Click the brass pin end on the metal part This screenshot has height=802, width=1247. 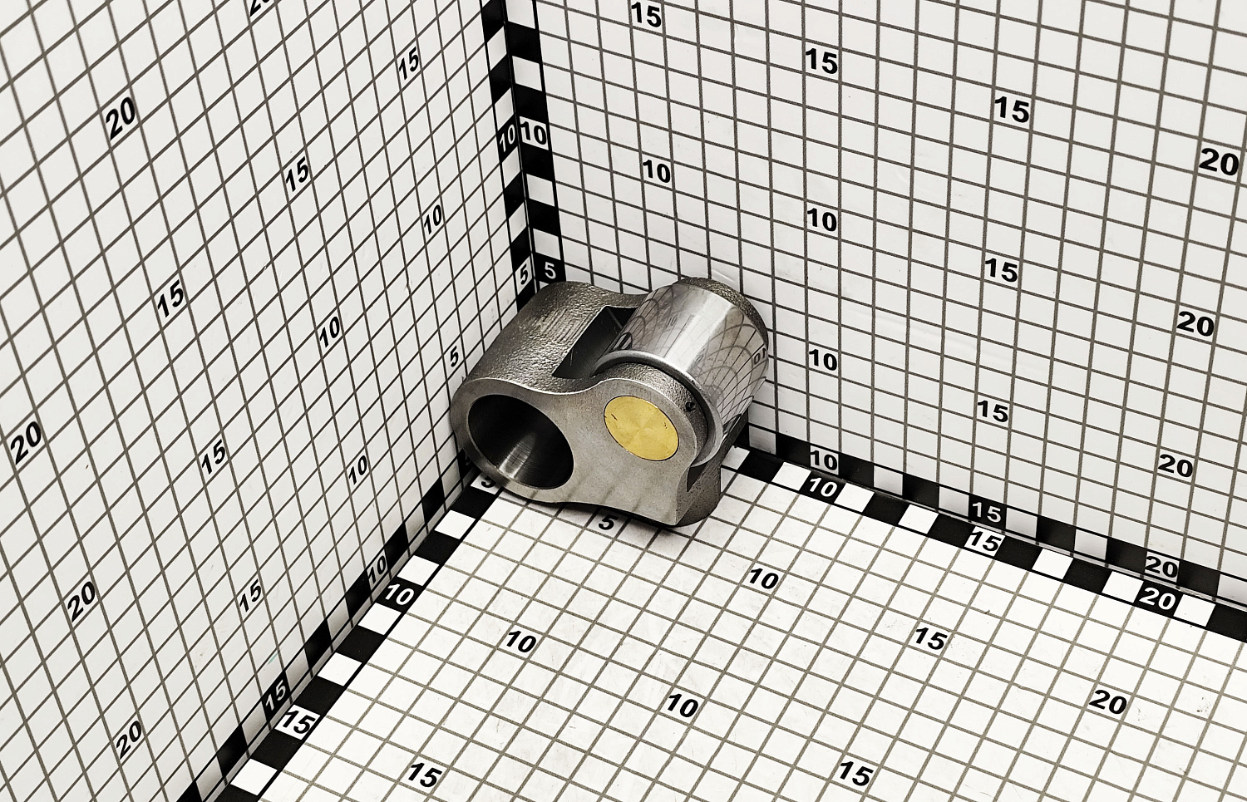tap(640, 427)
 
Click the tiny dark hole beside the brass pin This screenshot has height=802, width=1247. tap(692, 410)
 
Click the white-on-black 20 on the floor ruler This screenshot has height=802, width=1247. tap(1157, 600)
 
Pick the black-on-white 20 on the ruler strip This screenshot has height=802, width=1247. tap(1161, 568)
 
